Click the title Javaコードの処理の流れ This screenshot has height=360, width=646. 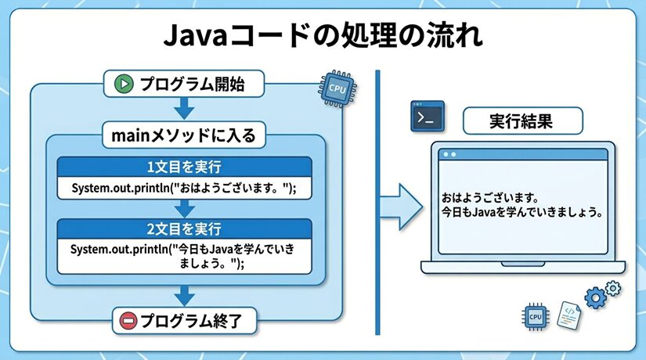point(323,36)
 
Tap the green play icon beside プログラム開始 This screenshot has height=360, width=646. point(121,83)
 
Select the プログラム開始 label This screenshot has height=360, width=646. point(192,83)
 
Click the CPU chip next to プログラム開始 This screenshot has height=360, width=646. point(337,88)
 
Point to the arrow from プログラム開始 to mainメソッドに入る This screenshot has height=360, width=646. point(185,107)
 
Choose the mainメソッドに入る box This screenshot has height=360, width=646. point(185,134)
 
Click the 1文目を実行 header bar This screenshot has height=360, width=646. point(185,166)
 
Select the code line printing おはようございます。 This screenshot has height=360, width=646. point(185,188)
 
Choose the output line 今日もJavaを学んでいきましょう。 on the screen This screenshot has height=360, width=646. point(516,212)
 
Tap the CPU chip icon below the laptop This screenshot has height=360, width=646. point(536,316)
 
